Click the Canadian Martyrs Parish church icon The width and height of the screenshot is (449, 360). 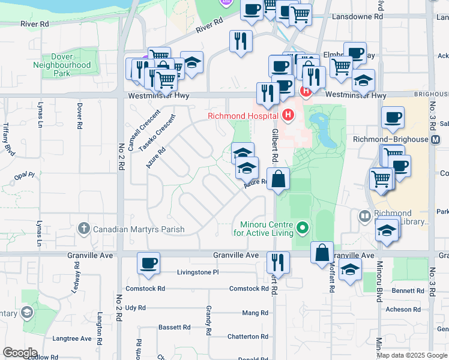(x=84, y=228)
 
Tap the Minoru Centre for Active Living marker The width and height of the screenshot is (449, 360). (x=302, y=228)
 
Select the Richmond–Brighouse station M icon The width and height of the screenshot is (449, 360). (x=436, y=139)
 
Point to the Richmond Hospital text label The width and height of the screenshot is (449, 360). (x=243, y=116)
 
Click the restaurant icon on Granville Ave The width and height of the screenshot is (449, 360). (x=278, y=262)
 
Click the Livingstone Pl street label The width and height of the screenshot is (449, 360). (x=198, y=272)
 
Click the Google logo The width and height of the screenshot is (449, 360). (x=20, y=353)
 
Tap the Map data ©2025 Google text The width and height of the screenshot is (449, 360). (x=412, y=355)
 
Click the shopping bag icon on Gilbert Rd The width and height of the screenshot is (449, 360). (x=278, y=179)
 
